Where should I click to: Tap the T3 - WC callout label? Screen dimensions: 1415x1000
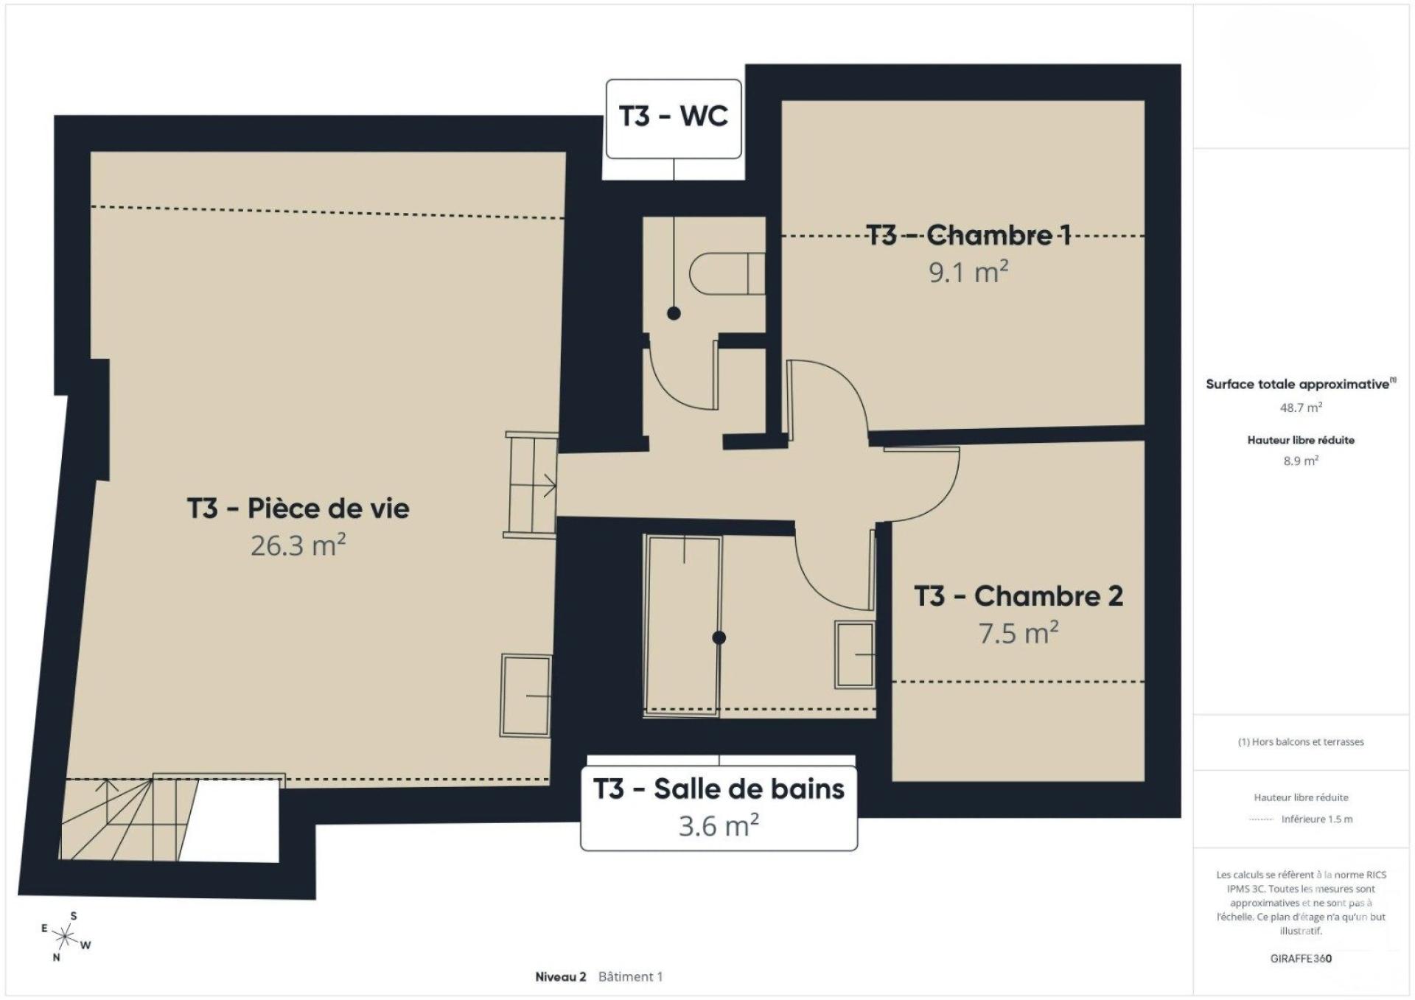point(674,118)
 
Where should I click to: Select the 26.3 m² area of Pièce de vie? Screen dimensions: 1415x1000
point(298,545)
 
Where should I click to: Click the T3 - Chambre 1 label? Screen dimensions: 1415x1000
point(968,235)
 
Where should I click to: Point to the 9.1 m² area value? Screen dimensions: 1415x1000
point(968,272)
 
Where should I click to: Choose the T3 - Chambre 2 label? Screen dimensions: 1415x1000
point(1019,596)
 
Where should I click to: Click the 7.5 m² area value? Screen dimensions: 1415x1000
point(1019,633)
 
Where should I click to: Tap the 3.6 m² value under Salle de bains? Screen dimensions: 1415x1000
point(719,825)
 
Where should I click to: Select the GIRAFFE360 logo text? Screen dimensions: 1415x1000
point(1301,959)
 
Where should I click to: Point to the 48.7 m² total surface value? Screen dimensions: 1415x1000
point(1301,408)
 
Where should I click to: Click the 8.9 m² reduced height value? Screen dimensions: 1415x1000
point(1301,461)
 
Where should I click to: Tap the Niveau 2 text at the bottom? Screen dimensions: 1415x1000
point(560,977)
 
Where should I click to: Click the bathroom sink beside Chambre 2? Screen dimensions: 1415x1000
point(855,654)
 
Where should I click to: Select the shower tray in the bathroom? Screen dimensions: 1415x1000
point(682,625)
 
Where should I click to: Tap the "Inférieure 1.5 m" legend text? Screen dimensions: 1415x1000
point(1317,819)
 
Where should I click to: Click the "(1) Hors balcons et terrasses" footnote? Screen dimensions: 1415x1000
point(1301,742)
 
